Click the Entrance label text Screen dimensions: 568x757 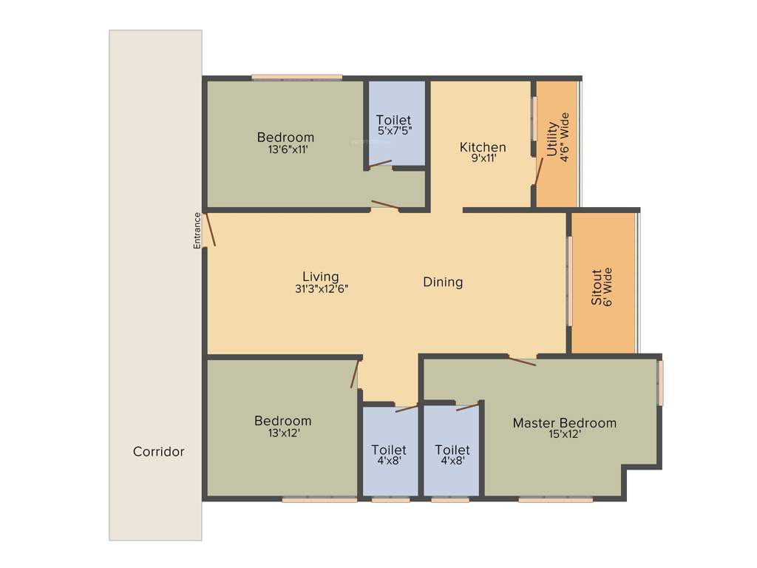click(197, 230)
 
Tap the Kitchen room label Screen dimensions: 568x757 click(483, 147)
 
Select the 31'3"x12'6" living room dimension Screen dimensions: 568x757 click(321, 289)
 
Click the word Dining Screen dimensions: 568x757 click(443, 282)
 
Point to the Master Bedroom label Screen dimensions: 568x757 click(565, 423)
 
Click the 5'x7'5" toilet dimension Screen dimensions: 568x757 click(393, 130)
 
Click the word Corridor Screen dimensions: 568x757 click(159, 451)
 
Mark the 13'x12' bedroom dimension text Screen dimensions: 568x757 click(283, 433)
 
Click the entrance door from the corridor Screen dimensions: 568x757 click(211, 229)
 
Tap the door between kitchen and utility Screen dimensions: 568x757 click(539, 171)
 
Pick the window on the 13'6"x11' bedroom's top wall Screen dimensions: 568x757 click(296, 77)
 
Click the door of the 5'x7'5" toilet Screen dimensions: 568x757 click(379, 164)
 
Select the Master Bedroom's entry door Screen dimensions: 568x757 click(522, 361)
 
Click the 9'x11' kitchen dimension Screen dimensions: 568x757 click(483, 158)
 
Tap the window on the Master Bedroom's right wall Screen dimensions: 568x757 click(660, 382)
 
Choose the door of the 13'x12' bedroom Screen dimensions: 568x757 click(355, 374)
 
